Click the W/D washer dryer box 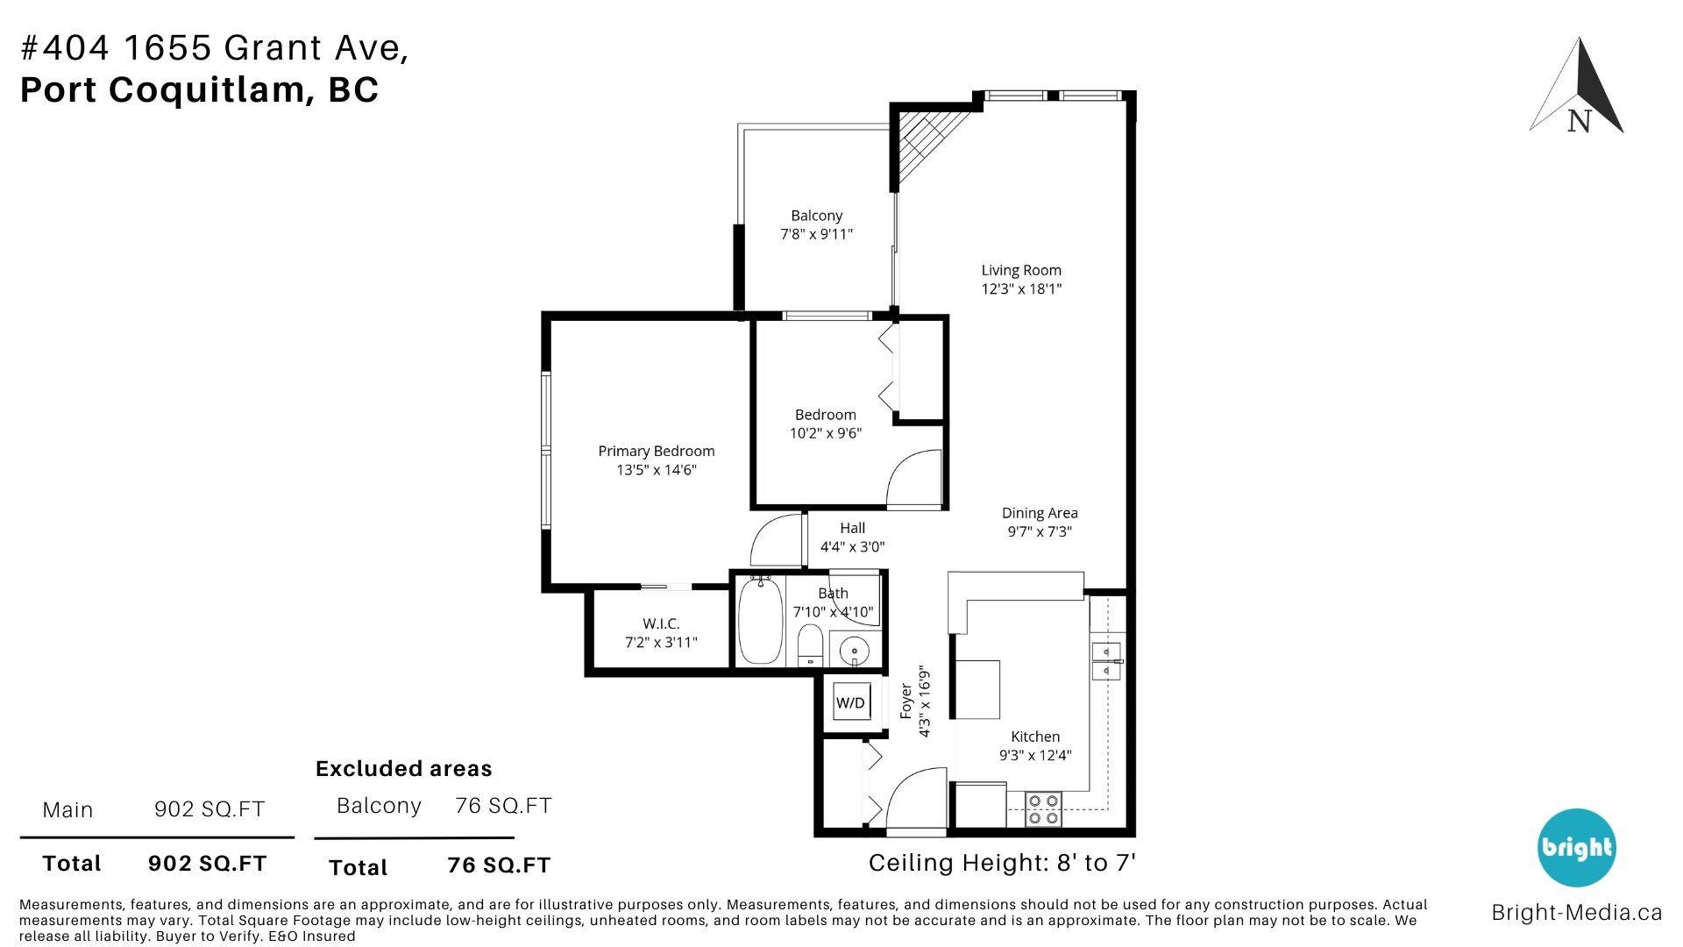click(850, 702)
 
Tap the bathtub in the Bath click(759, 621)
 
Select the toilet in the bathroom click(810, 646)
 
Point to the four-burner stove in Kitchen click(1043, 808)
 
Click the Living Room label click(1021, 270)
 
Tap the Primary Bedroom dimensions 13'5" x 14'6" click(656, 470)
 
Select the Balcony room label click(816, 216)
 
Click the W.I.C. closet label click(661, 623)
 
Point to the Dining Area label click(1040, 513)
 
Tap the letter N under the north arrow click(1579, 122)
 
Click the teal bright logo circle click(1577, 847)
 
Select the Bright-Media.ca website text click(1576, 913)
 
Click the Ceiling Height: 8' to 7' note click(1002, 863)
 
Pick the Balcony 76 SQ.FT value click(503, 805)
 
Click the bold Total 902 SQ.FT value click(207, 863)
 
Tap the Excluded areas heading click(403, 769)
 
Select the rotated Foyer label click(906, 701)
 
